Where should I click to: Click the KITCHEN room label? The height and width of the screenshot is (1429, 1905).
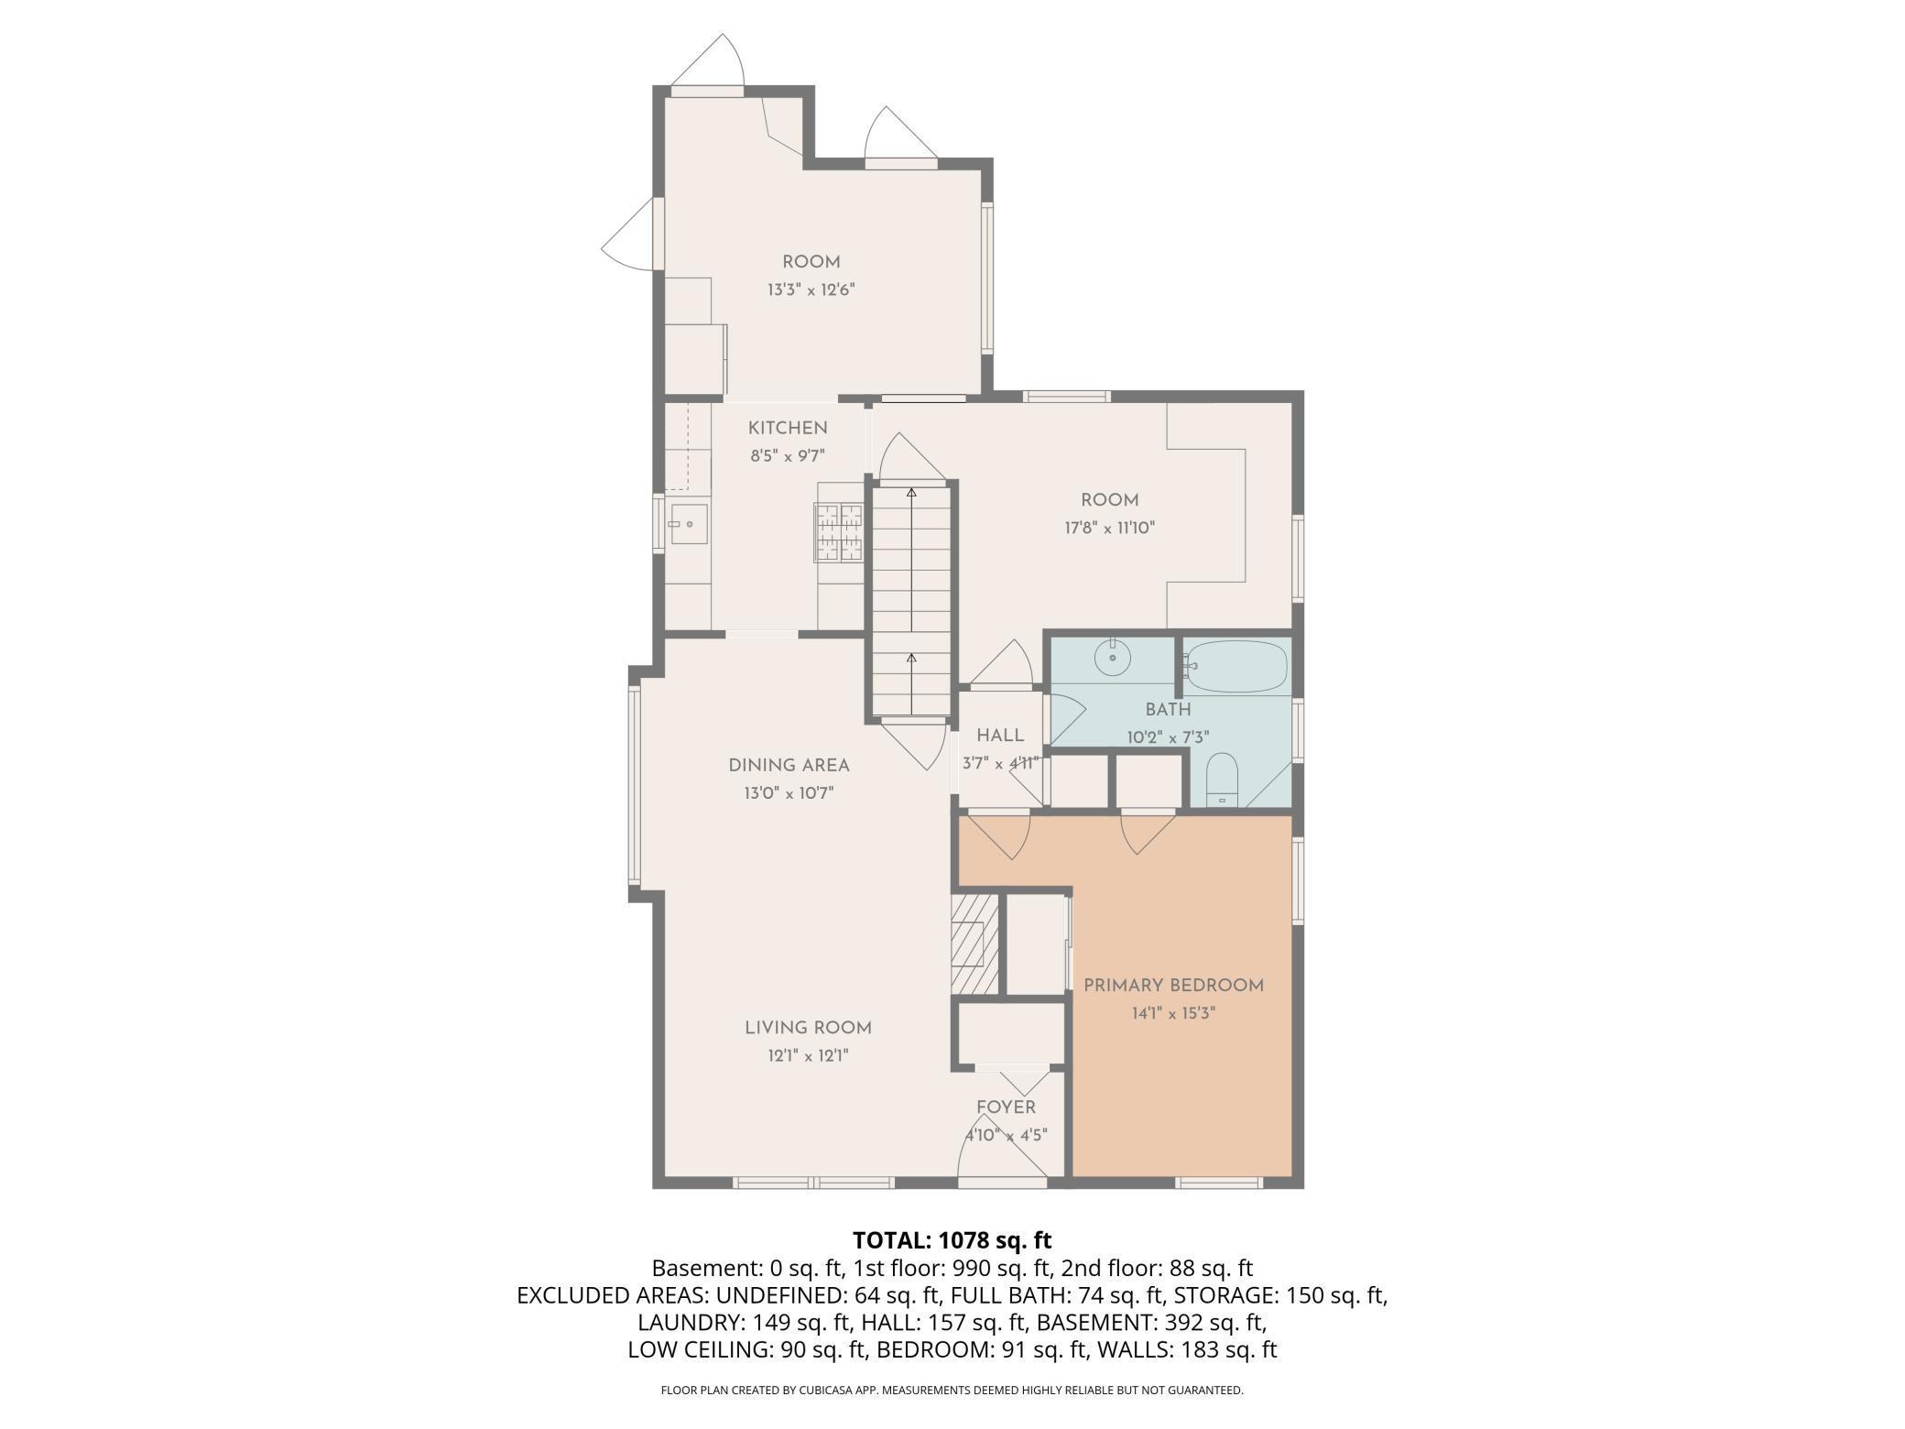click(x=788, y=428)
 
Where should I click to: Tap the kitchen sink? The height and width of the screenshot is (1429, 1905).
click(x=689, y=524)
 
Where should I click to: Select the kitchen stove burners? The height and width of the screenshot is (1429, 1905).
click(x=841, y=532)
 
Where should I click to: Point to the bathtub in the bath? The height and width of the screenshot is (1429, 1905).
click(x=1236, y=666)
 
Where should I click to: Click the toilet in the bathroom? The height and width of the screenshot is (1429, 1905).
click(x=1222, y=780)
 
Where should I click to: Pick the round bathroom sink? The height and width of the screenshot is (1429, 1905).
click(x=1113, y=658)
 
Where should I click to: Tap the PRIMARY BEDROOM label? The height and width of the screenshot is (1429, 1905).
click(x=1173, y=986)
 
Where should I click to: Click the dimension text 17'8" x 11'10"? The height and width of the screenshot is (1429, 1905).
click(x=1110, y=528)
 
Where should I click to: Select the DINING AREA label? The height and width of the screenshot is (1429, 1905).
click(x=789, y=765)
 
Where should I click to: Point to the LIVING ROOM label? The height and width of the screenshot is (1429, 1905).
click(x=808, y=1028)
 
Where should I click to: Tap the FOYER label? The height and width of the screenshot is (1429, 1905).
click(x=1006, y=1107)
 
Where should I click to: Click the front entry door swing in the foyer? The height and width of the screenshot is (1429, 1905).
click(x=1002, y=1141)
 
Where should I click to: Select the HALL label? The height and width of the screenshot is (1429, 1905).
click(x=1000, y=736)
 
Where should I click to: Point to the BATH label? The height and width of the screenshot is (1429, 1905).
click(x=1168, y=709)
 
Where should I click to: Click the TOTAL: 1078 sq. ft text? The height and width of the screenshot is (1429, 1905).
click(x=952, y=1240)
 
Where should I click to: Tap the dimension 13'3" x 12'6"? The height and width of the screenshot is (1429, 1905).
click(x=811, y=290)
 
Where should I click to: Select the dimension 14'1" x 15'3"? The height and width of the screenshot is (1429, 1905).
click(x=1173, y=1013)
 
